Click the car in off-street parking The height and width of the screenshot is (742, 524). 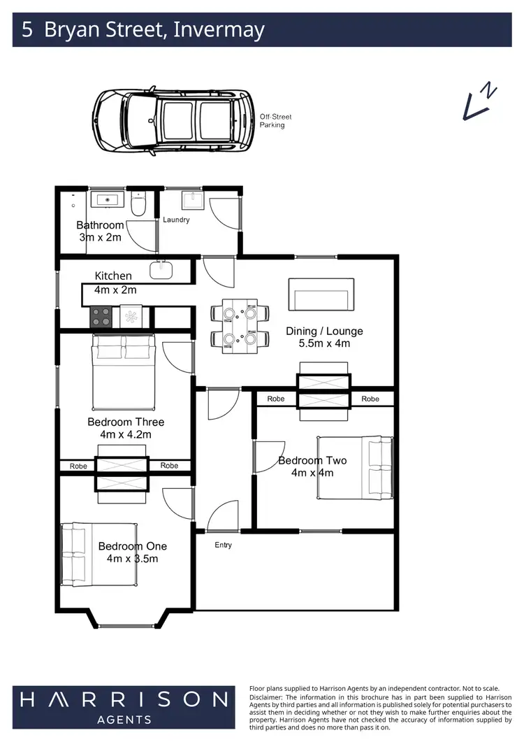click(173, 120)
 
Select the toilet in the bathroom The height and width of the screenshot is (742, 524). click(138, 205)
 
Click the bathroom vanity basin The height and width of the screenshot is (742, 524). click(108, 200)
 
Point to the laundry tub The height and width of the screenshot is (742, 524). click(191, 201)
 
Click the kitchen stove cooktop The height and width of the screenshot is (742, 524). click(101, 317)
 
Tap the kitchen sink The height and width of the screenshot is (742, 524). click(161, 269)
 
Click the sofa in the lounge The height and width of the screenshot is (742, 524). click(321, 294)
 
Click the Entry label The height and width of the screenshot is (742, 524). click(224, 545)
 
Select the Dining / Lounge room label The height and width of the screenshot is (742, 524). click(324, 331)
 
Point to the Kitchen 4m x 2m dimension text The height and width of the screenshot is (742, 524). click(115, 290)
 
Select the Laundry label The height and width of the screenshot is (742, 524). click(176, 220)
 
